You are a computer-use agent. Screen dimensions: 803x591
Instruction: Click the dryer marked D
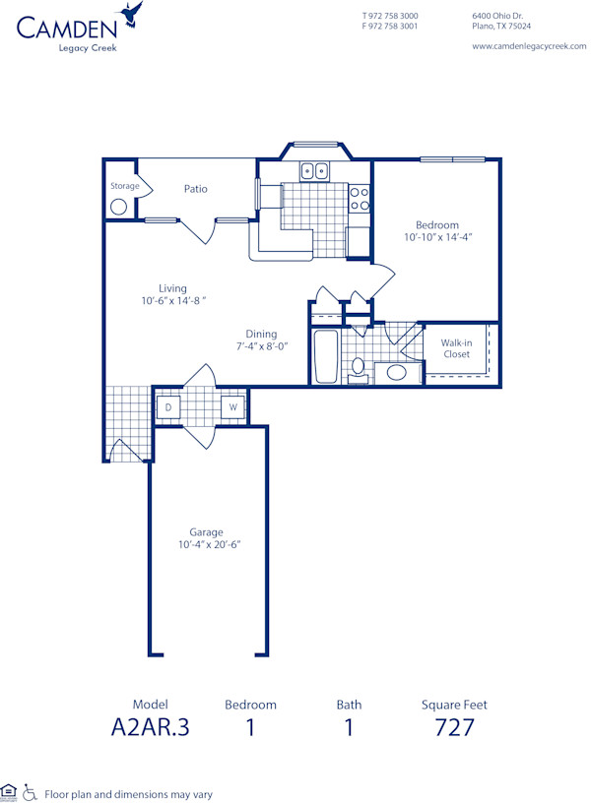tap(168, 407)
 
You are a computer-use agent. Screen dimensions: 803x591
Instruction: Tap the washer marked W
tap(233, 407)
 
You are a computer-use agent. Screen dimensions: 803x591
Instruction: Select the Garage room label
tap(207, 532)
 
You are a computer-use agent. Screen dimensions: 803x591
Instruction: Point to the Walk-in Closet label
tap(457, 348)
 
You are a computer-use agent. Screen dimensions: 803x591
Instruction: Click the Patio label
tap(195, 188)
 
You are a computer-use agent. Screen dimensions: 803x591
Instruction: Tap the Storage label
tap(124, 185)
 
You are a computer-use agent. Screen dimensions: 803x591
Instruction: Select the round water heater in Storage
tap(119, 207)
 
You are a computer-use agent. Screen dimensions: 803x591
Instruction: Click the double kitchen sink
tap(315, 171)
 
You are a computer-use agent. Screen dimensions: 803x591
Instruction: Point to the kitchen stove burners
tap(360, 199)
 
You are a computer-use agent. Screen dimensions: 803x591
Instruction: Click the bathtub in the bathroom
tap(325, 356)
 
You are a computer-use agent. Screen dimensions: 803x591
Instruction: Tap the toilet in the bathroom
tap(359, 368)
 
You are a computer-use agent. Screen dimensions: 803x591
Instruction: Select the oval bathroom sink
tap(397, 372)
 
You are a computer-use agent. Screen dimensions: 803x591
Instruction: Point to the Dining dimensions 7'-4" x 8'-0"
tap(261, 346)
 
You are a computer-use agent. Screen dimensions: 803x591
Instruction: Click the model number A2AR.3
tap(150, 727)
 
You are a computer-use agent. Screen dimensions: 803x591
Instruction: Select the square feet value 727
tap(454, 727)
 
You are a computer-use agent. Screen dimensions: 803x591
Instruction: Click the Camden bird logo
tap(130, 14)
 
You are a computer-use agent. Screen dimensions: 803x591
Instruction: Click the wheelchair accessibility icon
tap(30, 791)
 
